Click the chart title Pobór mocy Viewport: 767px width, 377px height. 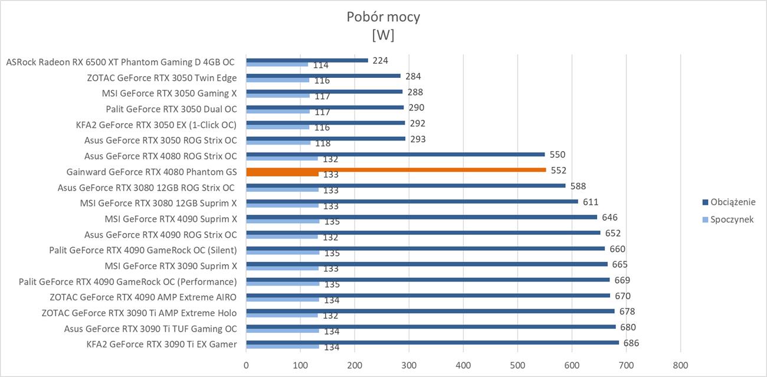coord(383,17)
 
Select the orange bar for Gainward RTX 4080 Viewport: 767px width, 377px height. coord(396,170)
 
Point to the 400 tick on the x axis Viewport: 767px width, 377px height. coord(463,365)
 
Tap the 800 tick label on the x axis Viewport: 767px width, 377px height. coord(680,365)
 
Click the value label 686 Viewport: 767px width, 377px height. coord(631,343)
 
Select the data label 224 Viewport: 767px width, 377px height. coord(380,61)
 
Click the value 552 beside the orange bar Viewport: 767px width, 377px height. coord(559,170)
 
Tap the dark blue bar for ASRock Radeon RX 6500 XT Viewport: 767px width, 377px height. coord(307,60)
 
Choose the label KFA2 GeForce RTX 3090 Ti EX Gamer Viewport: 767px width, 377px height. coord(161,344)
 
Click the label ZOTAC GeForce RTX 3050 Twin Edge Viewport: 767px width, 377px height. coord(162,78)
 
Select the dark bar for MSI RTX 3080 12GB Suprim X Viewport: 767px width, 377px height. coord(412,201)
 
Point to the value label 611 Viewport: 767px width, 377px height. coord(591,202)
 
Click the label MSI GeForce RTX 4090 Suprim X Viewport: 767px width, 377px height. coord(171,219)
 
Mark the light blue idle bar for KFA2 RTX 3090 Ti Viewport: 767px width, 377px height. coord(283,346)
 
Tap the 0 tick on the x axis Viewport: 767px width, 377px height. coord(246,365)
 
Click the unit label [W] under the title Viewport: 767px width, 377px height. coord(383,35)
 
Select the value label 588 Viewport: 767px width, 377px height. coord(578,186)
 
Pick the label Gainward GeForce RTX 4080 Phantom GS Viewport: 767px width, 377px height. coord(152,172)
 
